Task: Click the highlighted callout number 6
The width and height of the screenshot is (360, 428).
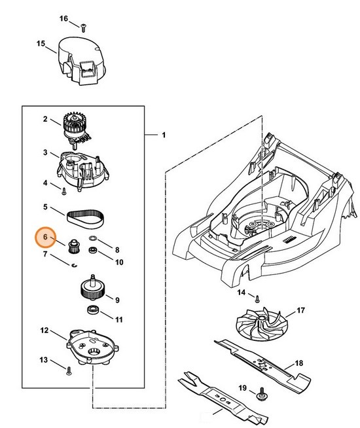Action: point(45,237)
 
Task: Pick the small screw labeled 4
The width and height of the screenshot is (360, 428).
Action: point(65,191)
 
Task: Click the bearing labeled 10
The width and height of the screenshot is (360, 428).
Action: point(94,251)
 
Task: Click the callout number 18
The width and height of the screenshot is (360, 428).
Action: point(298,363)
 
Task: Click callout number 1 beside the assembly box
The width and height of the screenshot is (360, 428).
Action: point(164,135)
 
